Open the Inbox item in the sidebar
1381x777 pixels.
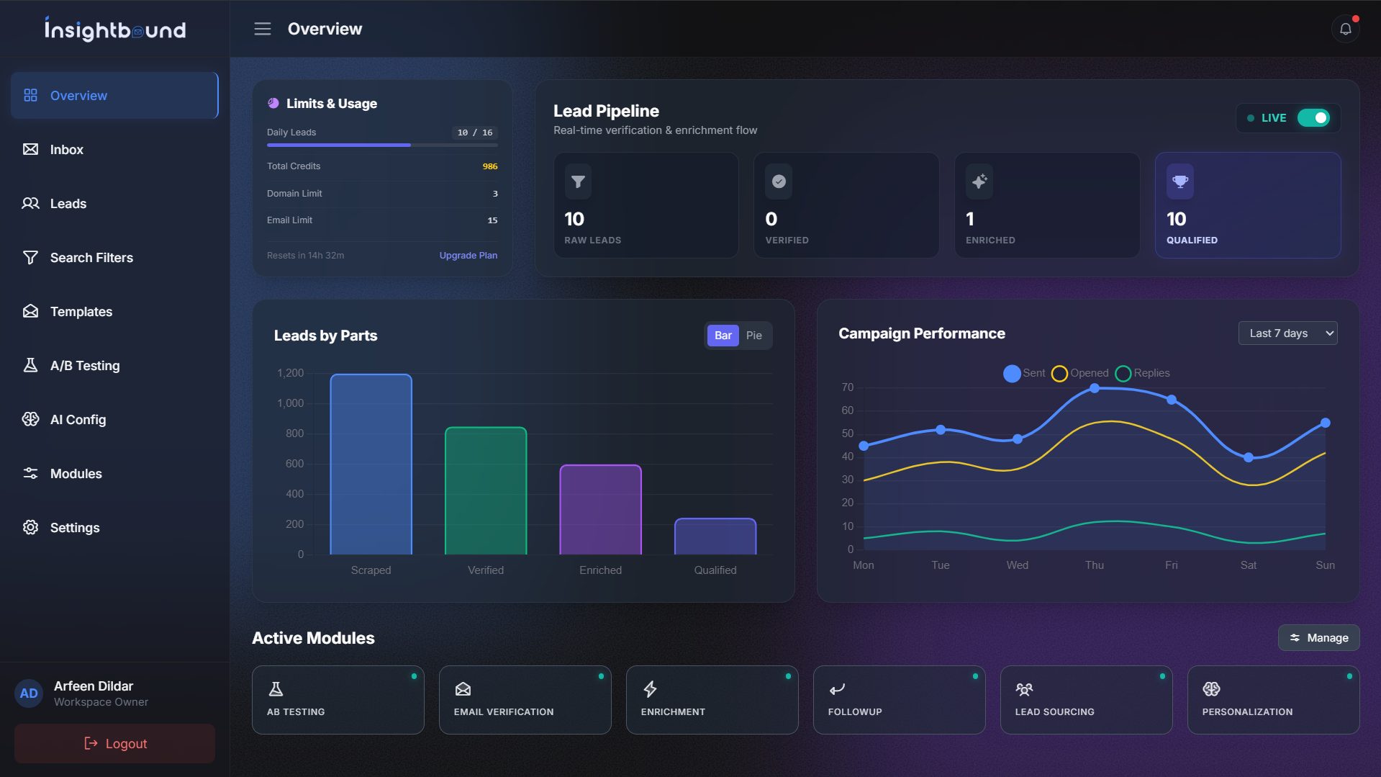tap(66, 150)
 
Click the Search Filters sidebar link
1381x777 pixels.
tap(91, 258)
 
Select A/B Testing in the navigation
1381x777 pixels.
tap(84, 366)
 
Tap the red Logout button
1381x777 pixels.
tap(115, 743)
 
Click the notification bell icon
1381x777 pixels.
tap(1345, 30)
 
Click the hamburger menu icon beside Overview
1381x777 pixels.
tap(263, 29)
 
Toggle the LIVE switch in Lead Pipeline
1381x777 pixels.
tap(1313, 118)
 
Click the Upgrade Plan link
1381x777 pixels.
tap(468, 256)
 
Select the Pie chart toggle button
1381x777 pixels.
tap(753, 336)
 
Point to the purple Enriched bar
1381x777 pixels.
tap(600, 510)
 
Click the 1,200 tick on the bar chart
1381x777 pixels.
tap(290, 373)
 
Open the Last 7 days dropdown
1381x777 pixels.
tap(1287, 333)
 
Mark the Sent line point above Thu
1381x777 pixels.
tap(1094, 388)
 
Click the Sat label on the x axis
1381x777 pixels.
tap(1248, 565)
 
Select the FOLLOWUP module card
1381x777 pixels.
tap(899, 700)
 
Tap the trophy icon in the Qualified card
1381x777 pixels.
tap(1179, 181)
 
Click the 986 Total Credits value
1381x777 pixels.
tap(489, 166)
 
